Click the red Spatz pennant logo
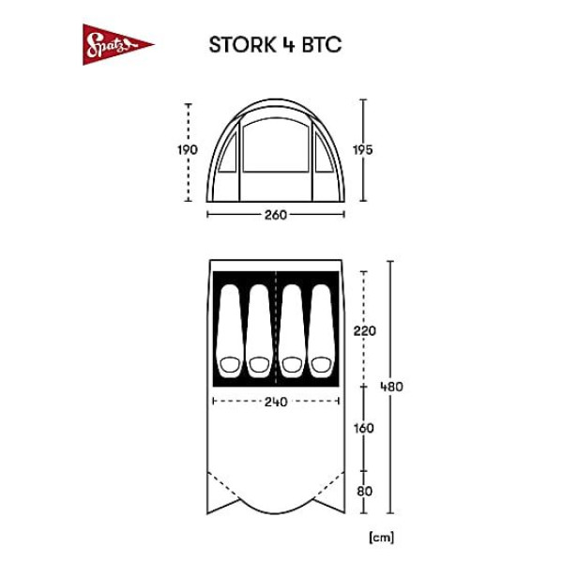114,45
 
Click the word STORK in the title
242,45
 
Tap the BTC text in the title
321,45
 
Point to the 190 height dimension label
188,150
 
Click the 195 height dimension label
362,150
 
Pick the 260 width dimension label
276,215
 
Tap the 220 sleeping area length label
364,330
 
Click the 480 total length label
391,387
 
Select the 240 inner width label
276,402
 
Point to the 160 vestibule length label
364,428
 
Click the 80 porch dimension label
364,491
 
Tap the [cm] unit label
381,538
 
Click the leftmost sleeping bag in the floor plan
230,331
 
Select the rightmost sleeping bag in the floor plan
321,331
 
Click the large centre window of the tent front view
276,145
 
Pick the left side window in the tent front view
228,153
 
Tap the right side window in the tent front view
324,153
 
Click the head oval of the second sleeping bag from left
259,365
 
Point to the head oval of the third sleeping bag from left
292,365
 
